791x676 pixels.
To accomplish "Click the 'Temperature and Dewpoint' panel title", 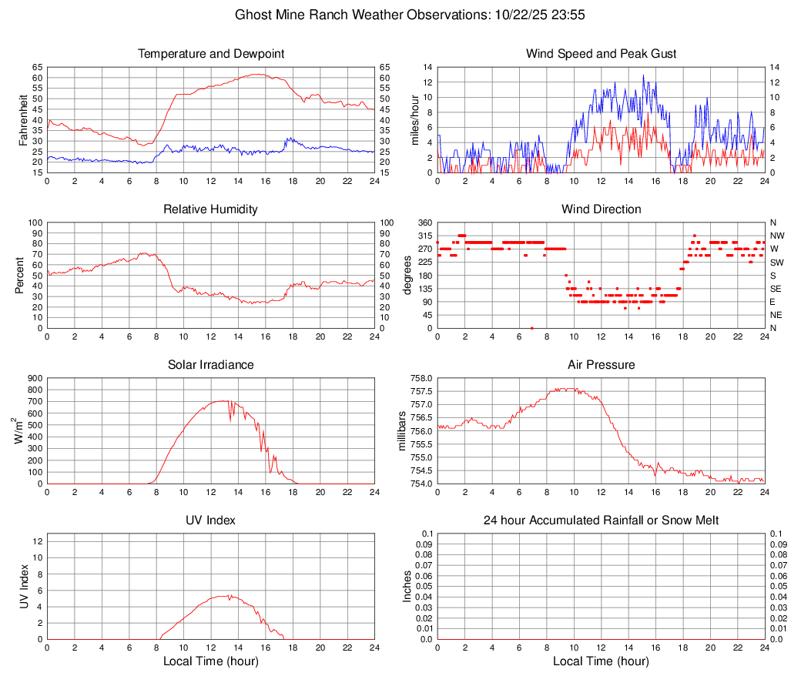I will click(211, 54).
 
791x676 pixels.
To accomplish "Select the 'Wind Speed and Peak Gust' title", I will click(602, 54).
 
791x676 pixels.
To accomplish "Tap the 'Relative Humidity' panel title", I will click(211, 209).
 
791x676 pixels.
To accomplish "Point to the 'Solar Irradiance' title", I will click(211, 364).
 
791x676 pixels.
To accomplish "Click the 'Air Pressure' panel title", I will click(602, 364).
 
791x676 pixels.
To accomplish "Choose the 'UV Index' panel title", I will click(211, 520).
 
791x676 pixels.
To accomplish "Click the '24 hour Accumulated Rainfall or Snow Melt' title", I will click(602, 520).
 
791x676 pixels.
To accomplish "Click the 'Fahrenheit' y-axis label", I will click(23, 120).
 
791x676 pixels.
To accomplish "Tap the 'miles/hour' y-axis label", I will click(414, 120).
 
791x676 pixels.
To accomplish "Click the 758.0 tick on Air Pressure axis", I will click(421, 378).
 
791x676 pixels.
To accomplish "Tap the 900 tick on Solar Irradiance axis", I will click(35, 378).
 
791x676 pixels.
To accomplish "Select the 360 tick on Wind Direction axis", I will click(423, 223).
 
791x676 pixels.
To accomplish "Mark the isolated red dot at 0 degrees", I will click(531, 327).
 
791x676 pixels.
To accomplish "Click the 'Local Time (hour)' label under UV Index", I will click(211, 661).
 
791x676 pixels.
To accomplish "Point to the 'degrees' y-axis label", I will click(407, 276).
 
